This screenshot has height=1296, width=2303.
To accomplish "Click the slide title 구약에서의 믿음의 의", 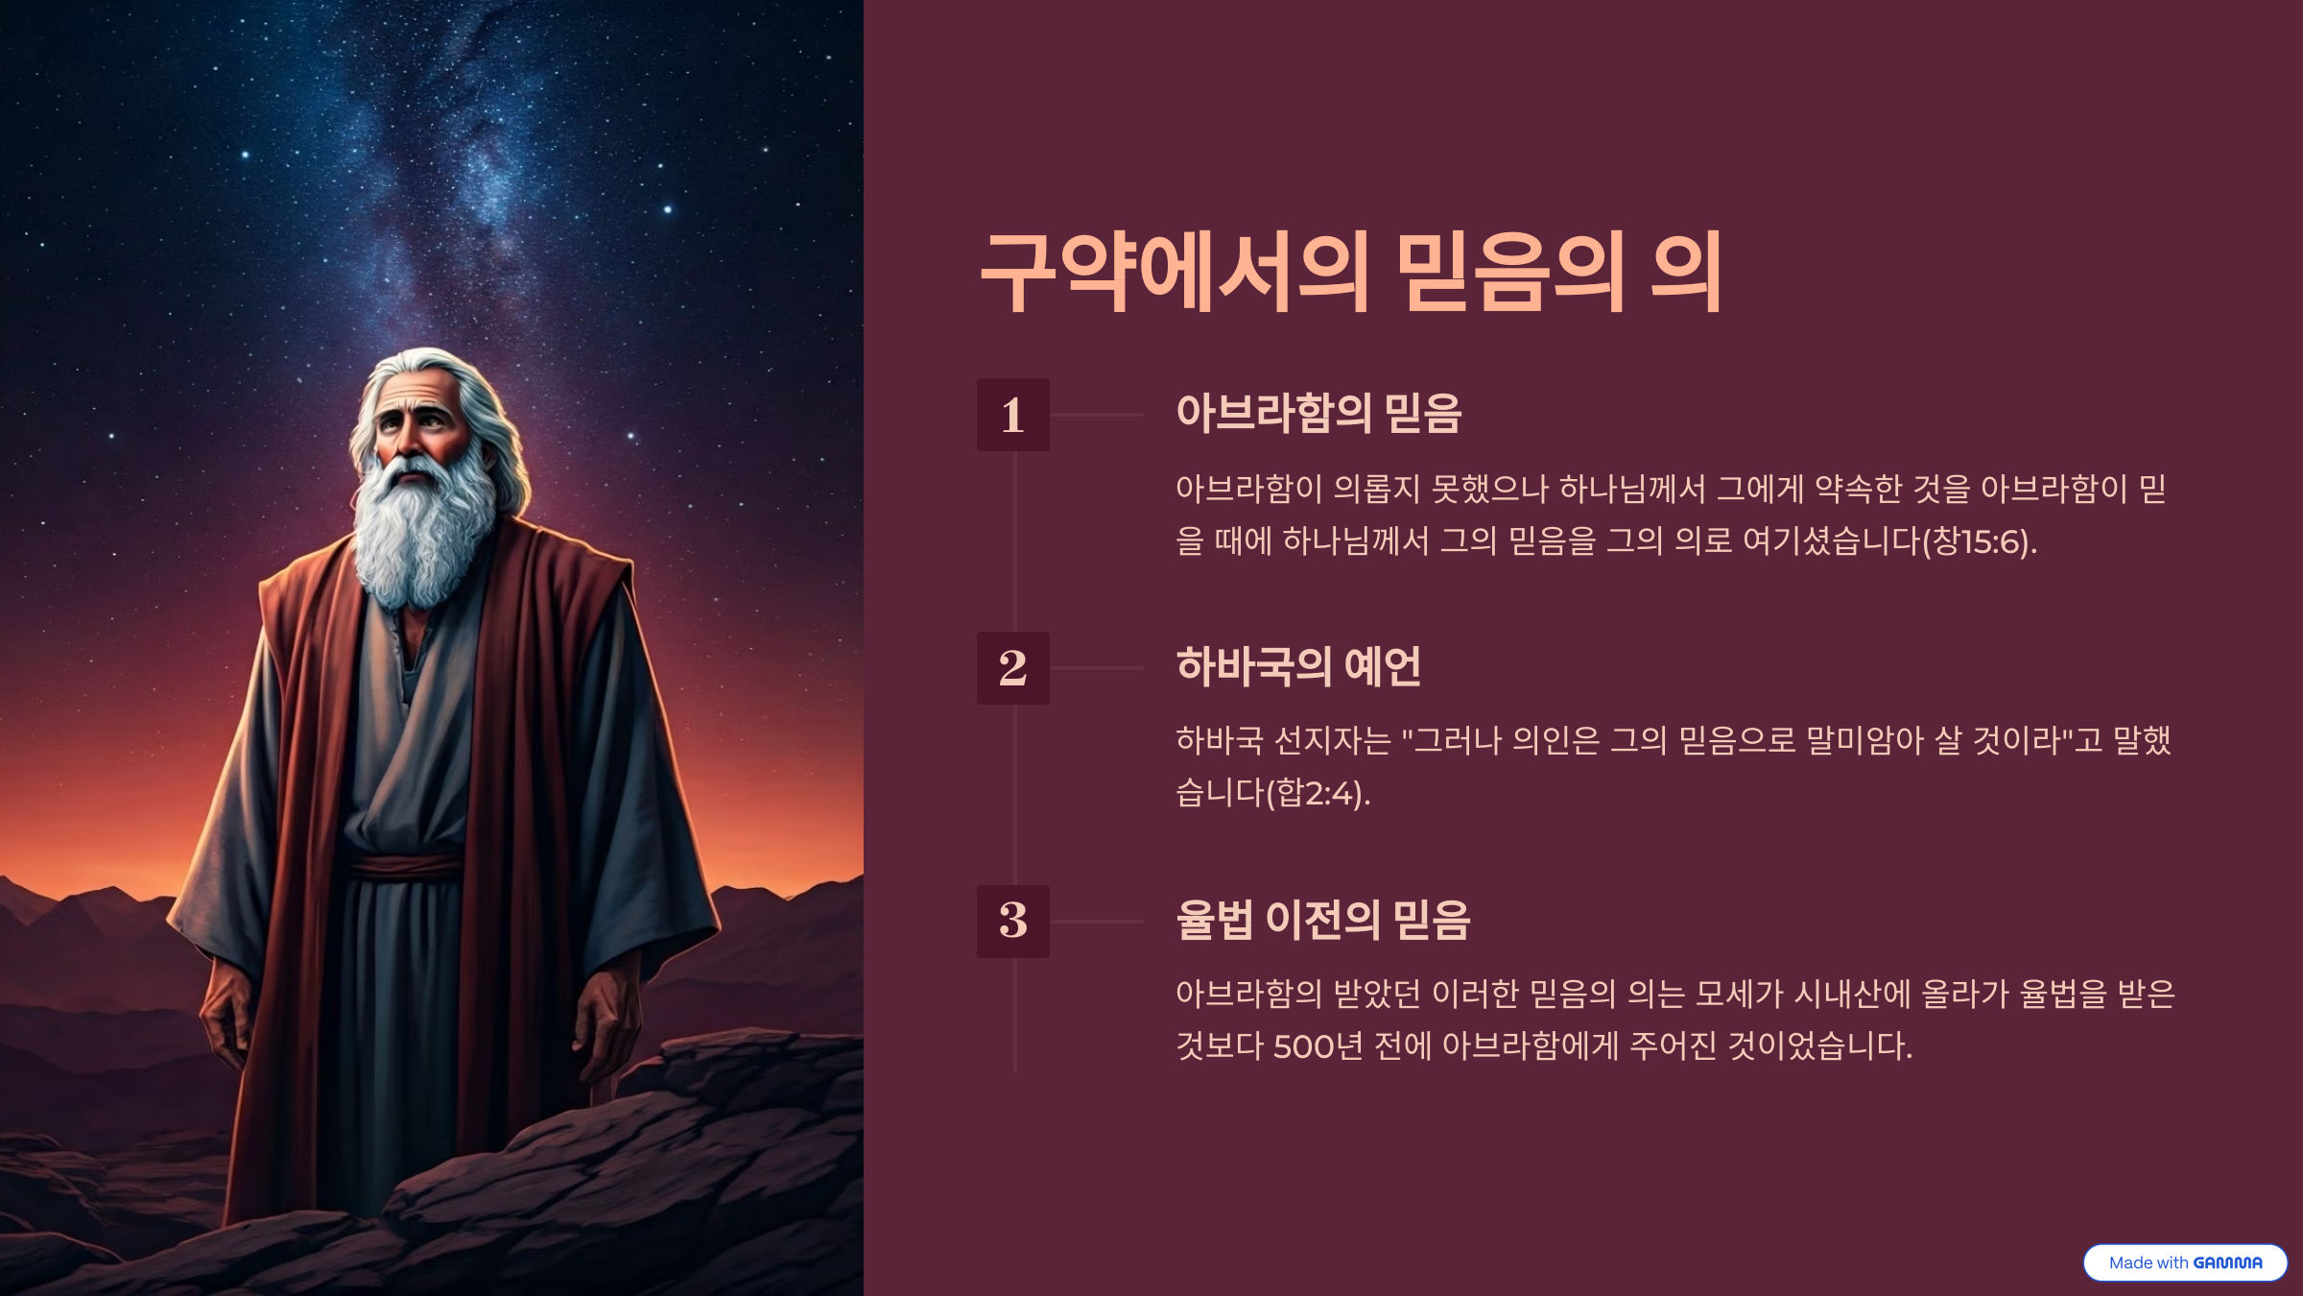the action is pos(1351,272).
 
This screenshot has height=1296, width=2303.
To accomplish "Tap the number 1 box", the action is pos(1013,415).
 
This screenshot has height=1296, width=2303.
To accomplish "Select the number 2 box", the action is pos(1013,668).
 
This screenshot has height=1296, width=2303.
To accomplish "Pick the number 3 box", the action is pos(1013,922).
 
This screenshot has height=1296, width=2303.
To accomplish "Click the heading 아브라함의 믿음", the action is pos(1318,414).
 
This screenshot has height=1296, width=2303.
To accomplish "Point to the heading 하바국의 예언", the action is pos(1298,666).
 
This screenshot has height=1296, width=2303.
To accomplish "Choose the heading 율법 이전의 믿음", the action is pos(1323,920).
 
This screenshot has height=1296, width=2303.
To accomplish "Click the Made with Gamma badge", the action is pos(2185,1262).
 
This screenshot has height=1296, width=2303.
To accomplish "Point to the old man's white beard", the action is pos(422,528).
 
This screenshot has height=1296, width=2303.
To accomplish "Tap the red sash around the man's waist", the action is pos(407,866).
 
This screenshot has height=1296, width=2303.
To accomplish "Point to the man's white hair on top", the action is pos(427,363).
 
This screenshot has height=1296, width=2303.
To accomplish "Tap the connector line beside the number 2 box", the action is pos(1097,668).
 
